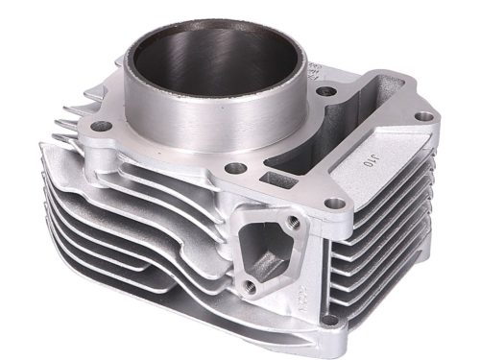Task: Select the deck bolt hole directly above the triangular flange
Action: (x=331, y=203)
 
